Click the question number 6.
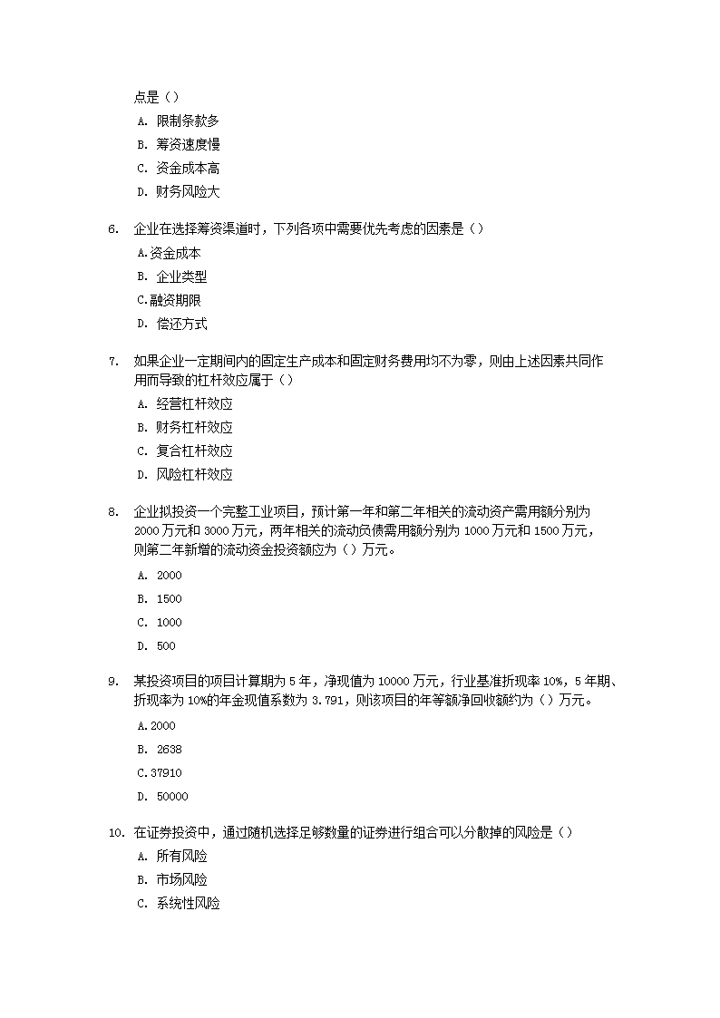(x=113, y=229)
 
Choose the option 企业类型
(x=181, y=276)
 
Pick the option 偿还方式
(x=181, y=324)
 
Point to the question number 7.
(x=113, y=362)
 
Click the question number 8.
(x=113, y=511)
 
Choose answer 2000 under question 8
(x=169, y=576)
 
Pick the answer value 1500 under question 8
(x=169, y=599)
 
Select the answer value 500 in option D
(x=166, y=646)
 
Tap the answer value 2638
(x=169, y=750)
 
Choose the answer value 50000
(x=172, y=797)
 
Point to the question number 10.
(x=115, y=832)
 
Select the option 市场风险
(x=181, y=879)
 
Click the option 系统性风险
(x=188, y=903)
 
